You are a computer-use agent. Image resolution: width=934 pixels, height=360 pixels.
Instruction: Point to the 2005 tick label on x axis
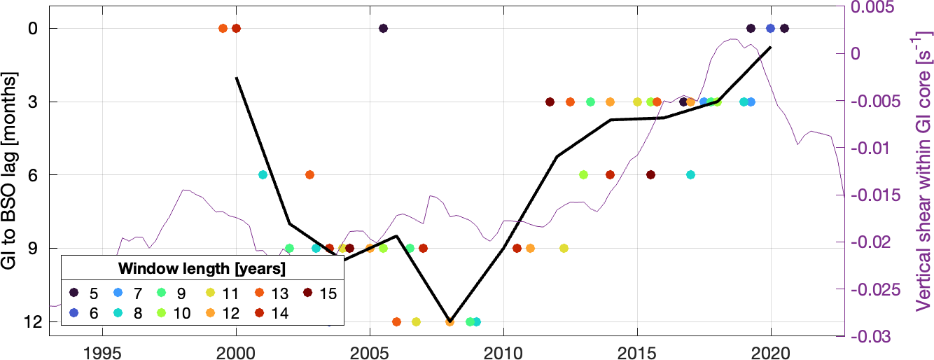pos(370,349)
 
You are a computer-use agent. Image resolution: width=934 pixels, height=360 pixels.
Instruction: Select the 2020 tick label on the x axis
pos(771,349)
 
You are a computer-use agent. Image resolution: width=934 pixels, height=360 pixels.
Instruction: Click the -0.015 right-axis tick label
pos(872,195)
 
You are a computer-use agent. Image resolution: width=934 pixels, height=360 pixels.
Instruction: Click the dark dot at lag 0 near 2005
pos(383,28)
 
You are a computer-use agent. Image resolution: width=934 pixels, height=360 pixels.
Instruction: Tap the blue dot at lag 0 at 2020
pos(770,28)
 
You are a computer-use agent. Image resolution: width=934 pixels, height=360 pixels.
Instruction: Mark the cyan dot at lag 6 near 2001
pos(263,174)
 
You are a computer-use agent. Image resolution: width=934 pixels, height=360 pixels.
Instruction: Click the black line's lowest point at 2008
pos(449,319)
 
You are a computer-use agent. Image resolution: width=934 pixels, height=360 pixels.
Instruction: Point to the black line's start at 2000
pos(237,78)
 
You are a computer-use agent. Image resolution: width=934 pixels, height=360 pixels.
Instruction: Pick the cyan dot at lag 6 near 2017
pos(690,174)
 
